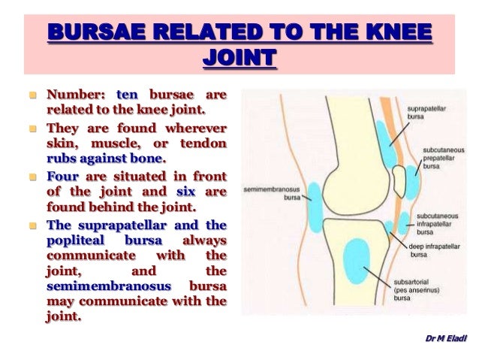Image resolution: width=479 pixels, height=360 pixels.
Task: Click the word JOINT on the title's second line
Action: coord(239,58)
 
